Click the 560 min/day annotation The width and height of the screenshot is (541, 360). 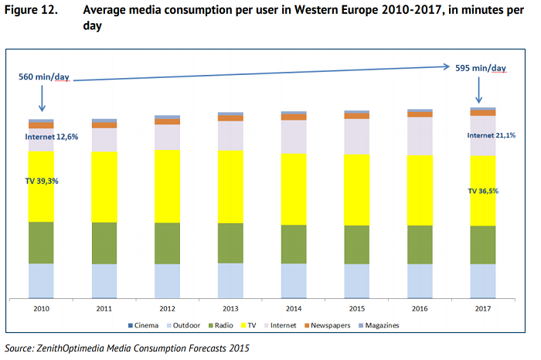44,78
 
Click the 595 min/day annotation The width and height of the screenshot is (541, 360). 481,68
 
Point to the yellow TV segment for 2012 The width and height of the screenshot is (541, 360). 167,185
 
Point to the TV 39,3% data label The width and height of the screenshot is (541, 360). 42,180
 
